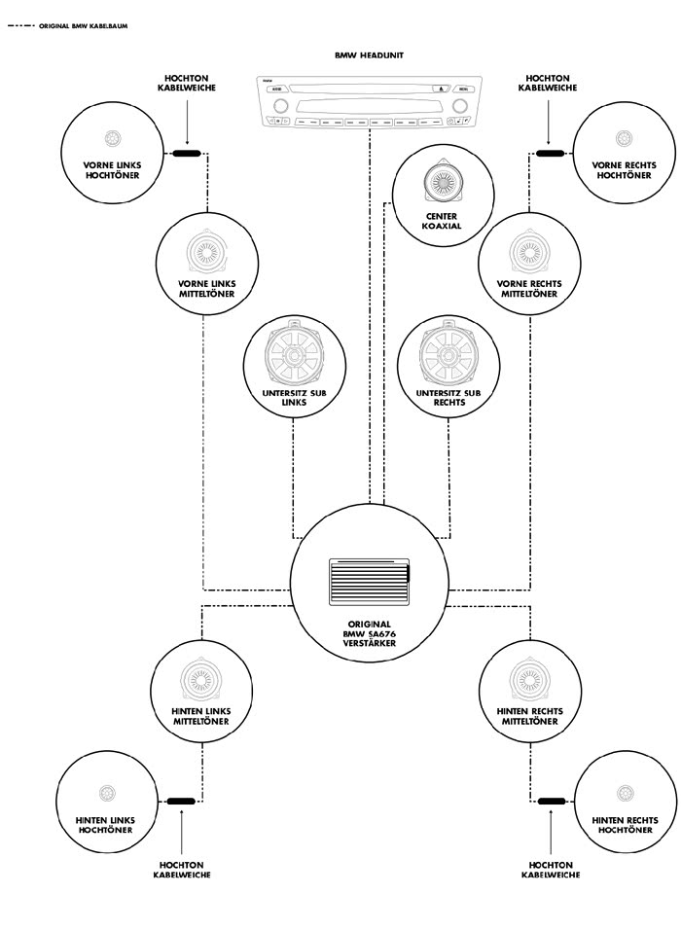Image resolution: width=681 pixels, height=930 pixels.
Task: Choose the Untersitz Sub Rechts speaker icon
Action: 447,357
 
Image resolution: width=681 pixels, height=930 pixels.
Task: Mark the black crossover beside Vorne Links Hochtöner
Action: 185,154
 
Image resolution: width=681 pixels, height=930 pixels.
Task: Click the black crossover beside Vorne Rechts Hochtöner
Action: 550,154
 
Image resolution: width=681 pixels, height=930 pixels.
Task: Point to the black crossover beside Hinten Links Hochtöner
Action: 181,802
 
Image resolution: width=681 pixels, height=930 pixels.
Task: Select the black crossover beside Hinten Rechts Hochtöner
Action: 552,802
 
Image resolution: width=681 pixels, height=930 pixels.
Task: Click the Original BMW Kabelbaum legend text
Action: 83,26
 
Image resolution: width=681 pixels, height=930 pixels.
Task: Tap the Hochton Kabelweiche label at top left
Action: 186,83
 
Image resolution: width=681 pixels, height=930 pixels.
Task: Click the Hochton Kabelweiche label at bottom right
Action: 551,870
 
